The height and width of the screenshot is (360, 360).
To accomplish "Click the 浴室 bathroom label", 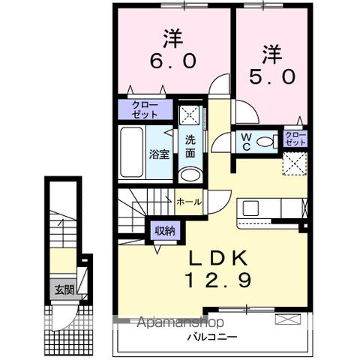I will pyautogui.click(x=159, y=155).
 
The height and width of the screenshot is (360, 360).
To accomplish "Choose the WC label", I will pyautogui.click(x=244, y=142).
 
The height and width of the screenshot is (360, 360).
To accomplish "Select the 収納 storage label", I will pyautogui.click(x=165, y=231).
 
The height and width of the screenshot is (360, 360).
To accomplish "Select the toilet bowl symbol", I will pyautogui.click(x=262, y=141).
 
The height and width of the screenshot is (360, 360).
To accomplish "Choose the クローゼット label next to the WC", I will pyautogui.click(x=295, y=138).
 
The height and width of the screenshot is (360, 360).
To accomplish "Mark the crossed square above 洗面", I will pyautogui.click(x=190, y=115).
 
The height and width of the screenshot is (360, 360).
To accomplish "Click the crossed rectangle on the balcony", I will pyautogui.click(x=286, y=319).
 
